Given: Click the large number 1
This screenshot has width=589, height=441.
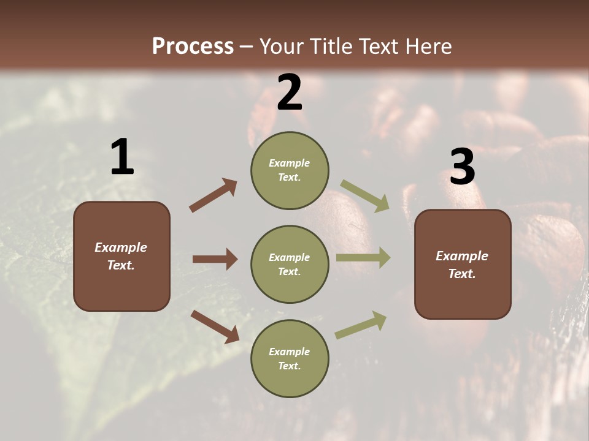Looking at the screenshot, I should [x=122, y=157].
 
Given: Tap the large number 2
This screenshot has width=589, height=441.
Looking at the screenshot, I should [x=290, y=92].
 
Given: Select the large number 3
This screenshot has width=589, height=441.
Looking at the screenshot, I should [x=462, y=167].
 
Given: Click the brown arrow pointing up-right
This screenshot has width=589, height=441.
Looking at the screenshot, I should [x=214, y=195].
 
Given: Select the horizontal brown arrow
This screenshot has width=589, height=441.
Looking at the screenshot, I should [x=215, y=259].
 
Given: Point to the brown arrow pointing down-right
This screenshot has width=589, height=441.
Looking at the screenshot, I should [x=215, y=326].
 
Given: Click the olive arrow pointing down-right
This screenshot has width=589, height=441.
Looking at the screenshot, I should [x=365, y=196].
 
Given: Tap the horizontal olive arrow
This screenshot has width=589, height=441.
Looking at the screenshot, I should [x=363, y=258].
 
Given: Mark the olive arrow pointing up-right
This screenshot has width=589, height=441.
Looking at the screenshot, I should [x=361, y=325].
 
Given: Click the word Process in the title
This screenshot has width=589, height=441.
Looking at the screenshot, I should [x=193, y=46].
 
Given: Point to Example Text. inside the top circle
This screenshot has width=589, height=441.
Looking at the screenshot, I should [x=289, y=170].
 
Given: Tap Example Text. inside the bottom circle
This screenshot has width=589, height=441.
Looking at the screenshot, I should [x=289, y=359].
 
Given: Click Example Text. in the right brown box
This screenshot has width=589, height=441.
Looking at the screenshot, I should [x=462, y=265].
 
